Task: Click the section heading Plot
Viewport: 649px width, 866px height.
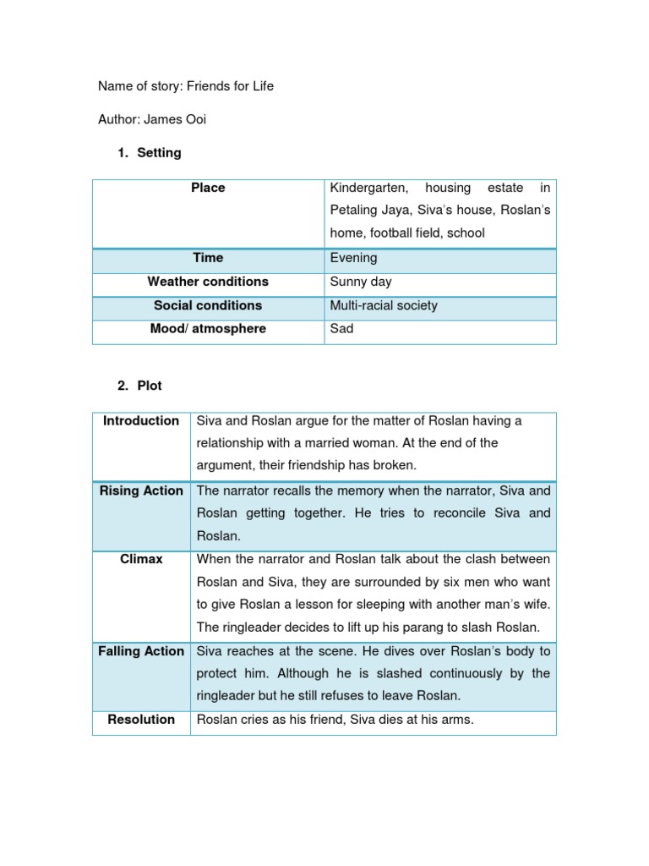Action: coord(150,386)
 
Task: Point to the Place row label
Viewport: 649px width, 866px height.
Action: coord(208,188)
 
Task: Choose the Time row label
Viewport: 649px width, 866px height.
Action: coord(208,258)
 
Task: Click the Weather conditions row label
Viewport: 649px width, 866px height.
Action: coord(208,282)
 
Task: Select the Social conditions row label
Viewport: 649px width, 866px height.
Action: coord(208,305)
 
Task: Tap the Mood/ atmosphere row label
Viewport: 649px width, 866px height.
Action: coord(208,329)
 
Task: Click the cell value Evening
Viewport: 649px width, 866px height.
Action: coord(353,258)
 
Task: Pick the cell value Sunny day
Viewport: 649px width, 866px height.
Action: coord(361,282)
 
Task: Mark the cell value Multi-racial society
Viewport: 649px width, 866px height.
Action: coord(384,305)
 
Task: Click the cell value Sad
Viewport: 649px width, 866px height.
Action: coord(341,329)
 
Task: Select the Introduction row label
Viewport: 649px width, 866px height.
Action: coord(141,421)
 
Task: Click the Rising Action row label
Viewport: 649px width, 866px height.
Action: coord(141,491)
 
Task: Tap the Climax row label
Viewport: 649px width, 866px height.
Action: coord(141,559)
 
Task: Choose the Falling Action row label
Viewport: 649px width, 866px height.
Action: coord(141,651)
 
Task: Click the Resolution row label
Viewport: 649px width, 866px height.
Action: coord(141,720)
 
